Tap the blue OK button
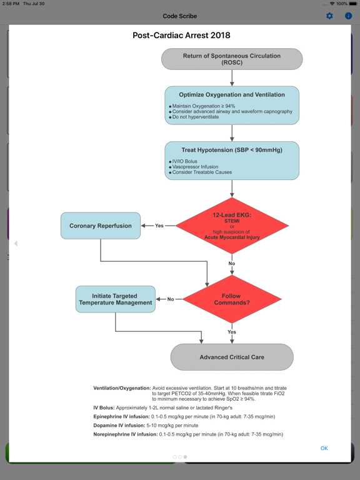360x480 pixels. click(x=324, y=448)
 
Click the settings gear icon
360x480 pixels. click(x=329, y=16)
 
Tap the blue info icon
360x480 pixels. click(x=348, y=16)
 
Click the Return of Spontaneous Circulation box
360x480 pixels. click(x=232, y=59)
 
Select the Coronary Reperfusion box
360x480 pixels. click(x=101, y=226)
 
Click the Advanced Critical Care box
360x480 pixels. click(x=232, y=357)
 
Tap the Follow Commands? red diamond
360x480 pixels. click(x=232, y=299)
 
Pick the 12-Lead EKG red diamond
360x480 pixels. click(x=232, y=226)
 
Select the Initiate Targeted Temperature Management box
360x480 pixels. click(x=116, y=299)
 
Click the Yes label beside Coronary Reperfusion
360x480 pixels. click(x=159, y=226)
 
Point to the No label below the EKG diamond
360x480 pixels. click(x=232, y=264)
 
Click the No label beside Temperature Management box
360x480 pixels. click(x=171, y=299)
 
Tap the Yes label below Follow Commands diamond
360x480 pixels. click(x=232, y=332)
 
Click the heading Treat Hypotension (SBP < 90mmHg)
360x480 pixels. click(x=232, y=150)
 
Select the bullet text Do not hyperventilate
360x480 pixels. click(x=195, y=117)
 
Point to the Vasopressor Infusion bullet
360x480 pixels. click(x=195, y=167)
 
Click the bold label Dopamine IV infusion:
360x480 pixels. click(x=119, y=426)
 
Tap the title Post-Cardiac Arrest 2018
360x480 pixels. click(x=181, y=36)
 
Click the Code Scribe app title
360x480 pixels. click(x=180, y=16)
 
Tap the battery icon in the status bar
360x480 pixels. click(x=353, y=4)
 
